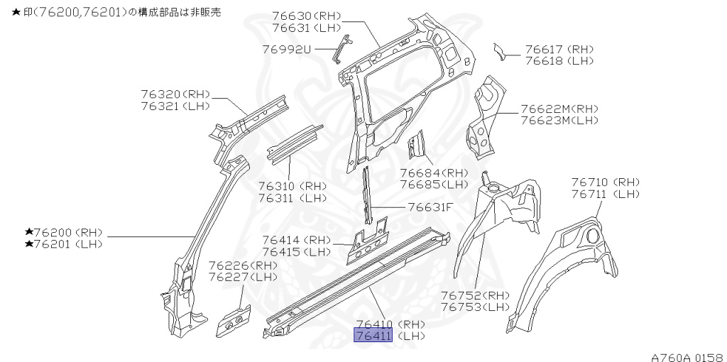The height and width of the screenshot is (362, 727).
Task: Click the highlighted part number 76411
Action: pyautogui.click(x=373, y=336)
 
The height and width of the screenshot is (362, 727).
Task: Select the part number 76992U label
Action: pyautogui.click(x=287, y=50)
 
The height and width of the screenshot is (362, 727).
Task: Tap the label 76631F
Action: pyautogui.click(x=430, y=207)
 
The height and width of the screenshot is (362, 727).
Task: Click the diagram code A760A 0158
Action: pyautogui.click(x=686, y=356)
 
